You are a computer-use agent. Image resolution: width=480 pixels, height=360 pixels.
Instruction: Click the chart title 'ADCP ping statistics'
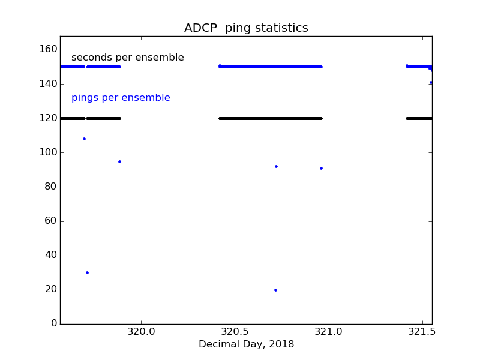coord(246,28)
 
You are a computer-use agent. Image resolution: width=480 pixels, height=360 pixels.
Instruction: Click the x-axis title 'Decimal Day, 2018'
coord(246,344)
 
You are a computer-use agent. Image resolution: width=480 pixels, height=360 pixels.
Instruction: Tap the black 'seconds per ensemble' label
coord(128,58)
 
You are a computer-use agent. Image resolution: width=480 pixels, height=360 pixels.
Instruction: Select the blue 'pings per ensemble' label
coord(121,98)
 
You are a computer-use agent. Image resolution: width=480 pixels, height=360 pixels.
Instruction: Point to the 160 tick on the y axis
coord(48,49)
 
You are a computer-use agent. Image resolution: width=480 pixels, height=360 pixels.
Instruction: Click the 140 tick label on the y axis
coord(48,84)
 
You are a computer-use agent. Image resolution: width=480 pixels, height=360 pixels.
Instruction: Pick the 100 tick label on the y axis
coord(48,152)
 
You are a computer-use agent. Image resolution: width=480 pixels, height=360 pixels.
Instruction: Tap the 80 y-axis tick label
coord(50,187)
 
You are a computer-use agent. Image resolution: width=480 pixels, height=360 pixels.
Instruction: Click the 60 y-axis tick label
coord(50,221)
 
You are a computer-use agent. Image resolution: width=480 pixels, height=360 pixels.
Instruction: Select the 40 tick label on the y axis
coord(50,255)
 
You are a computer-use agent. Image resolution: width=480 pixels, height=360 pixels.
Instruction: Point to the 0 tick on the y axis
coord(54,324)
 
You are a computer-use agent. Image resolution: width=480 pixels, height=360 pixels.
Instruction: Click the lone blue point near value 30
coord(87,272)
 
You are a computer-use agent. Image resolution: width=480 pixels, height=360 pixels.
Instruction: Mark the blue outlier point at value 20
coord(275,290)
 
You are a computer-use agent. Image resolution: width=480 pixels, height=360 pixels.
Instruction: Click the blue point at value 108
coord(84,139)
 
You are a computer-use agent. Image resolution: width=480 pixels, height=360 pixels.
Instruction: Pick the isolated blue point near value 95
coord(119,161)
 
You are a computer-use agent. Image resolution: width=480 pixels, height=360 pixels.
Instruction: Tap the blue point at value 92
coord(276,166)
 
